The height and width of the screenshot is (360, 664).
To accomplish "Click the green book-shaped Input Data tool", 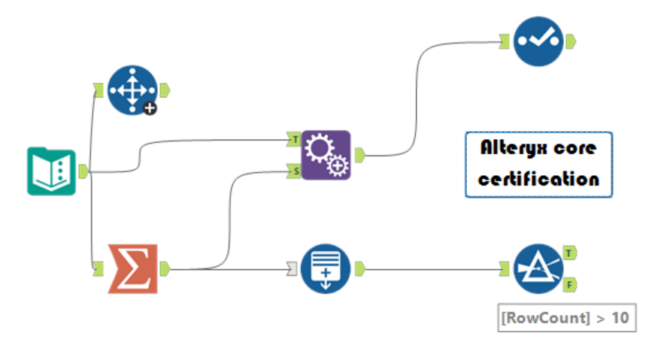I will pos(51,171).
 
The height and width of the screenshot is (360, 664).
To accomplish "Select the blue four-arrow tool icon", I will pos(132,89).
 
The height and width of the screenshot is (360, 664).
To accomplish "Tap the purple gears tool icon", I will pos(326,155).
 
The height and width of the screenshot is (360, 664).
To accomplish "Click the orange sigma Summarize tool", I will pos(133,268).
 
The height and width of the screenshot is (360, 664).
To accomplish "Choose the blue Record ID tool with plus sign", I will pos(326,268).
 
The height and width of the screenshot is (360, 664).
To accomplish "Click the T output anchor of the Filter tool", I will pos(570,253).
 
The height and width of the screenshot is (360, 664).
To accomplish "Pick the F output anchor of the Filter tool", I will pos(570,285).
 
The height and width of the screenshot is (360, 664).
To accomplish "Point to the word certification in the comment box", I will pos(538,180).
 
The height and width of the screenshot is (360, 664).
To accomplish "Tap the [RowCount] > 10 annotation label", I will pos(566,317).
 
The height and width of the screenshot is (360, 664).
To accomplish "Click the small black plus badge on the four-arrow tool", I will pos(150,108).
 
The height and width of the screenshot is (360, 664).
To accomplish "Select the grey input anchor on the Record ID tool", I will pos(292,268).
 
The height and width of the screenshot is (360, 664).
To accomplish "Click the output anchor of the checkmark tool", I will pos(571,40).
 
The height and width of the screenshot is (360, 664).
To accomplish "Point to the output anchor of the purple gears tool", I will pos(360,155).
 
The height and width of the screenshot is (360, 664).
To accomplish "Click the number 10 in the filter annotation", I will pos(620,317).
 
